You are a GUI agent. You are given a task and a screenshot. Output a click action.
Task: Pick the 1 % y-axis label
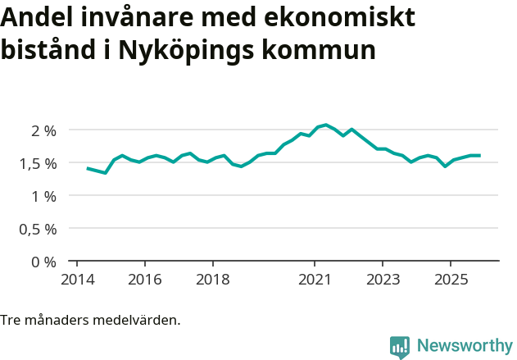(43, 196)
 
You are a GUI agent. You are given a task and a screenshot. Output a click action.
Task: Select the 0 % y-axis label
(43, 262)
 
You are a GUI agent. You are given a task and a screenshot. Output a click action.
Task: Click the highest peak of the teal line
(326, 125)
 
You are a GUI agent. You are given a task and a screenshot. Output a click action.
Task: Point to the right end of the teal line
(479, 155)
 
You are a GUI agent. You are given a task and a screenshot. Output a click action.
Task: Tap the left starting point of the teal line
(88, 168)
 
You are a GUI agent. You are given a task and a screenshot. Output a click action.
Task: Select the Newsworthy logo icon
(400, 346)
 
